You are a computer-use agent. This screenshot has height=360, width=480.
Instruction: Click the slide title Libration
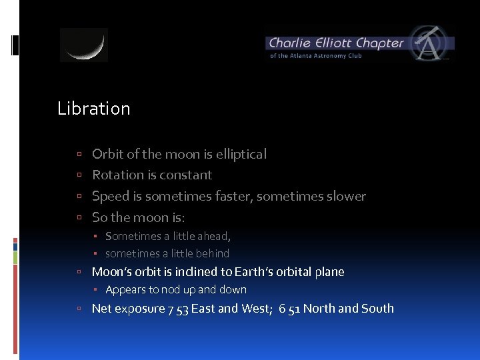[94, 109]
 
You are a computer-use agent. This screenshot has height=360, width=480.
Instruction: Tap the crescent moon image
[84, 45]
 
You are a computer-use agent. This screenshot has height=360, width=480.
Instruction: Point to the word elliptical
[241, 154]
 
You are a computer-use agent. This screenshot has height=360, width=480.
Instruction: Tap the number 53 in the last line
[181, 309]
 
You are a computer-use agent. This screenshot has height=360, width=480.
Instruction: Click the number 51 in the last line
[293, 309]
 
